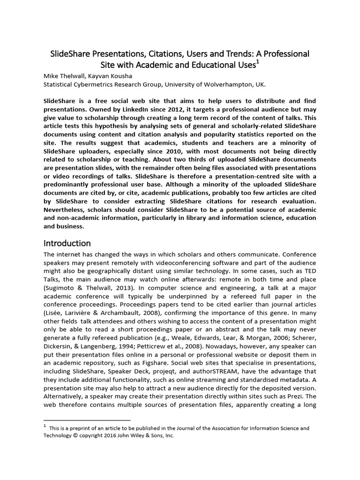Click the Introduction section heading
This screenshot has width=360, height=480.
pyautogui.click(x=67, y=243)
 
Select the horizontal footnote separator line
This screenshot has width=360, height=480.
pyautogui.click(x=87, y=420)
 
